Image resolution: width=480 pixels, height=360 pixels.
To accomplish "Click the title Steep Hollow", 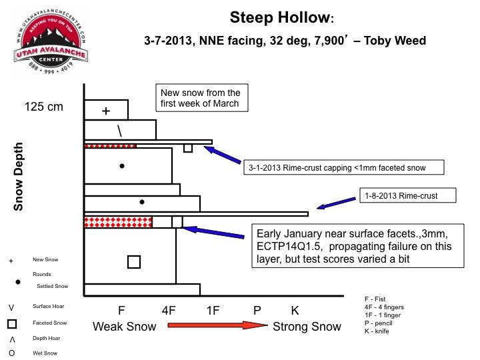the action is [281, 17].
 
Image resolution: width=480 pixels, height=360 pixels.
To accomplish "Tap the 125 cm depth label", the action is [44, 107].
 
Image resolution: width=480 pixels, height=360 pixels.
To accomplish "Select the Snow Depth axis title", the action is [18, 177].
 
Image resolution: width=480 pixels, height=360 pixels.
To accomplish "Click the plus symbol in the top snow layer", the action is [106, 111].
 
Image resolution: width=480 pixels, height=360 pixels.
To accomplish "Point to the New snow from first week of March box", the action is [202, 98].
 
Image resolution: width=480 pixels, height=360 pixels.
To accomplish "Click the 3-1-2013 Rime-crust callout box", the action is [344, 167].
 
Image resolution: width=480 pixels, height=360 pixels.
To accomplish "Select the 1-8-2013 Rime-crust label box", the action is [408, 195].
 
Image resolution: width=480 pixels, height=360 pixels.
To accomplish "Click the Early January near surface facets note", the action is [358, 246].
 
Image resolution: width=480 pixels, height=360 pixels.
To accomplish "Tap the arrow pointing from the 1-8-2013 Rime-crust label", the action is [336, 203].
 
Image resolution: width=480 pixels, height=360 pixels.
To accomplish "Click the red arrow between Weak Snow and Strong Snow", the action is [217, 325].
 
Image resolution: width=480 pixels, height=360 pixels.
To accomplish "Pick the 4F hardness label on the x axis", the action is [169, 311].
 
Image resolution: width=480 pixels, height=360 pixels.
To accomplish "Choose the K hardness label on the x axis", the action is [295, 311].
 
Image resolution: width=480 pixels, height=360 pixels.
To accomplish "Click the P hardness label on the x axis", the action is [257, 311].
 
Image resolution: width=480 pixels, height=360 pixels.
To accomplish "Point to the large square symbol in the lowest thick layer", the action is [134, 262].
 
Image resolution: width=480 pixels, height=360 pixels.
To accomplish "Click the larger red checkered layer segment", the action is [118, 222].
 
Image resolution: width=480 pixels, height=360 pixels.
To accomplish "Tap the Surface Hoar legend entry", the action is [37, 307].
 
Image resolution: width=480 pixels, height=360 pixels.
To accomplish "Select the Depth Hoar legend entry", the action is [35, 339].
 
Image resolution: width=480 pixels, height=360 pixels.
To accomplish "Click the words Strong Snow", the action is [307, 327].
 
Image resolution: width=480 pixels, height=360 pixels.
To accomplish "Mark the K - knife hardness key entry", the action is [377, 331].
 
